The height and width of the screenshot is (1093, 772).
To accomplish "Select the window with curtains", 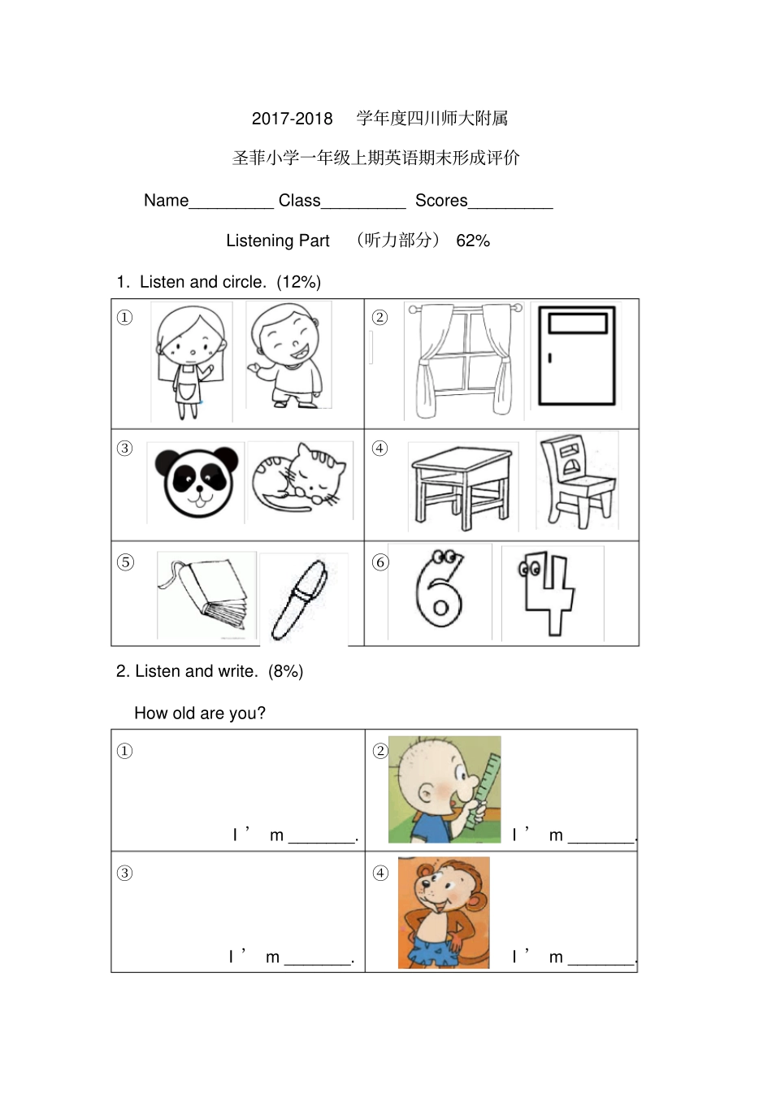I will [x=464, y=359].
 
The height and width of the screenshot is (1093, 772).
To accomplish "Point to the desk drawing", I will [x=461, y=485].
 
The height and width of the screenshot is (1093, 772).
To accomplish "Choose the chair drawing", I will [x=577, y=481].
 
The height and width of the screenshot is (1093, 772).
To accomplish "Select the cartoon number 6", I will [x=440, y=592].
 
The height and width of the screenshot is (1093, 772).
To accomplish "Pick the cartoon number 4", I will [x=547, y=591].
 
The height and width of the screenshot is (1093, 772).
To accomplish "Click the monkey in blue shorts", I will [x=443, y=913].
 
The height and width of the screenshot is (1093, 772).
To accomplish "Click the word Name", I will [x=166, y=201].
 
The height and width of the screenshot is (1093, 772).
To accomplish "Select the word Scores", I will [x=441, y=201].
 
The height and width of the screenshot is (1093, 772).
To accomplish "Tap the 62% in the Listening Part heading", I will [x=473, y=241].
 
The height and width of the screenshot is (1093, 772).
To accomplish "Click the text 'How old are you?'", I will [x=200, y=713].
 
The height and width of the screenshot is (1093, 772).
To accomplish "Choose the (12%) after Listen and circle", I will [x=298, y=282].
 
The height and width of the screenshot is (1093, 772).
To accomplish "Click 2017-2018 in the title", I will [x=292, y=119].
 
